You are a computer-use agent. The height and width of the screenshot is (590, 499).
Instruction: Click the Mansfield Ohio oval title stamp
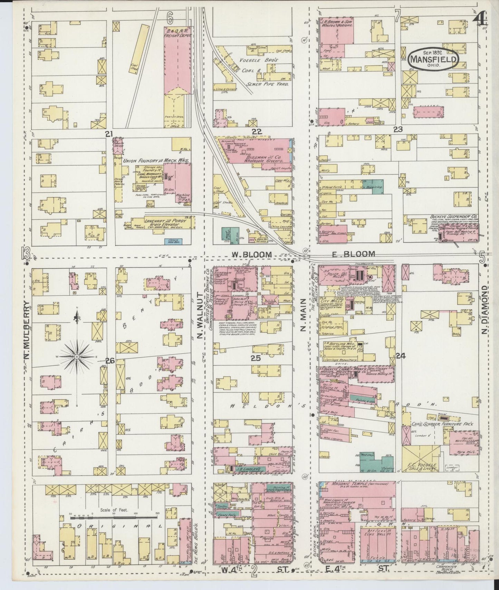click(433, 59)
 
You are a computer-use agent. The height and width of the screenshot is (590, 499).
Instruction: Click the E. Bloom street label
click(354, 254)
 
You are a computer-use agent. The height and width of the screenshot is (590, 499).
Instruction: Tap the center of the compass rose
click(77, 356)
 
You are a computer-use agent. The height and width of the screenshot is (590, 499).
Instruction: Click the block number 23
click(398, 130)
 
